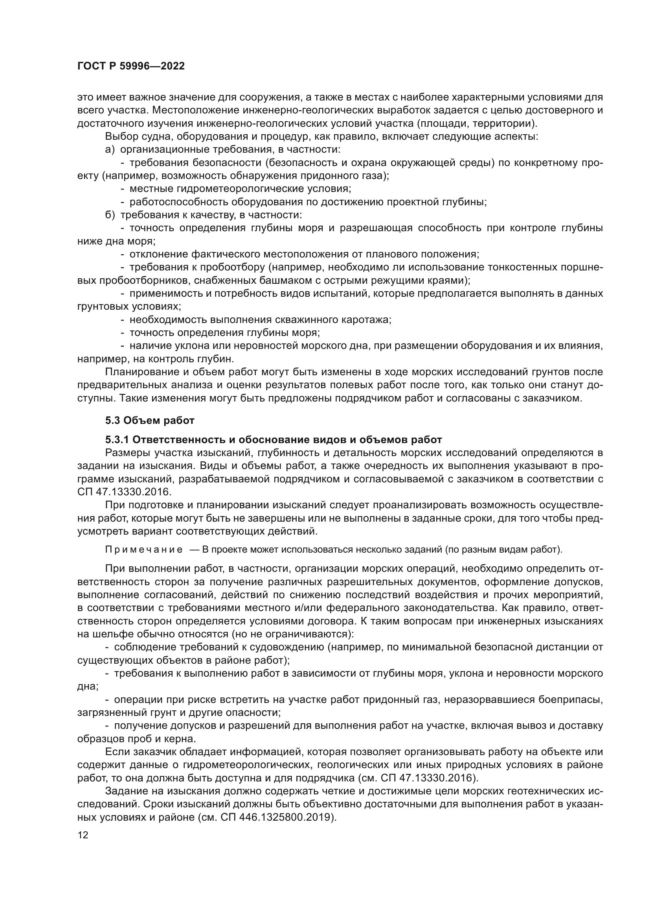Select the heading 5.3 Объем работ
coord(150,420)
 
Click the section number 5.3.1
coord(117,440)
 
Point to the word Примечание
coord(144,550)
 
